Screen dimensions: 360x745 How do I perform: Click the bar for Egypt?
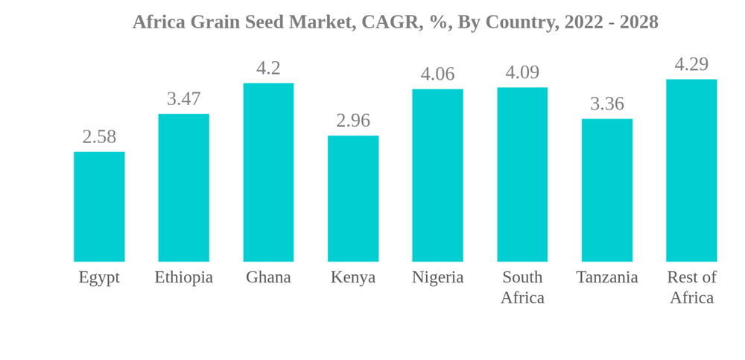[99, 206]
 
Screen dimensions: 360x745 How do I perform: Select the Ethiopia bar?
[183, 188]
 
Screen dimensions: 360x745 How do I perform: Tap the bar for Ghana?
[268, 172]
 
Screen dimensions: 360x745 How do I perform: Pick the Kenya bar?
[353, 198]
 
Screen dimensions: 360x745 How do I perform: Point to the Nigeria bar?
[437, 175]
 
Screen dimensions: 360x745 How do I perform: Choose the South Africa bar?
[522, 174]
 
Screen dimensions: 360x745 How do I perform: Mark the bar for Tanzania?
[607, 190]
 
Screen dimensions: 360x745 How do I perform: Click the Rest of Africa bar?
[691, 171]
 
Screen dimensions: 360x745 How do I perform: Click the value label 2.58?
[99, 136]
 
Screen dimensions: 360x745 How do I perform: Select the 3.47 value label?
[183, 98]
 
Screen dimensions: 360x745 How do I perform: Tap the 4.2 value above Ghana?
[268, 68]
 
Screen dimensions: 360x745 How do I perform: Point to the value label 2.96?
[353, 120]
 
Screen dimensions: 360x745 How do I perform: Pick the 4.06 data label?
[437, 74]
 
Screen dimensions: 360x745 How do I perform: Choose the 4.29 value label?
[691, 64]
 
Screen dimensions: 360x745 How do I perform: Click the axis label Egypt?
[99, 277]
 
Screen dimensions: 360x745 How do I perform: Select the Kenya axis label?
[353, 277]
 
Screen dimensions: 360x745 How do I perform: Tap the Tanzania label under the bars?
[607, 277]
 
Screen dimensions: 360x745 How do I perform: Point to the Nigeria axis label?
[437, 277]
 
